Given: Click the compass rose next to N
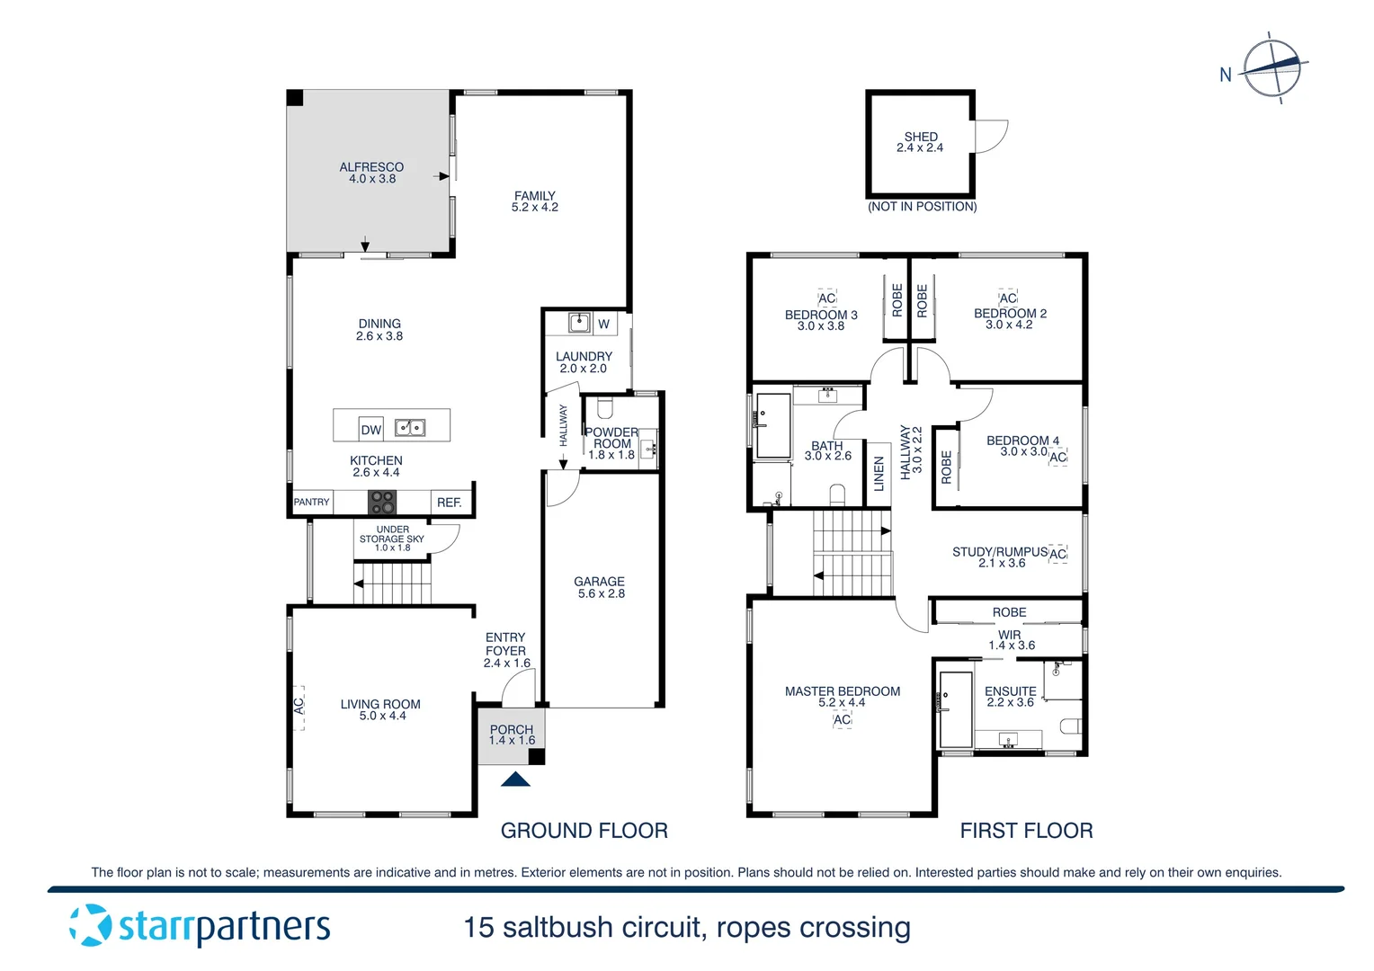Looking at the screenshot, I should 1271,68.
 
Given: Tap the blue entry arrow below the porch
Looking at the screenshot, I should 515,779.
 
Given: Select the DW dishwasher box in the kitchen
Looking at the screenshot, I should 371,429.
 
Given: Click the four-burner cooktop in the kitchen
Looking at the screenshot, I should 382,502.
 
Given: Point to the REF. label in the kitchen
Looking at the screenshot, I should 450,503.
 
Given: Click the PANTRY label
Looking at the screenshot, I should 311,503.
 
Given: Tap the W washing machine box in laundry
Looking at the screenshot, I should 603,324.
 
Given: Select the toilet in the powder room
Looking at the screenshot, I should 604,409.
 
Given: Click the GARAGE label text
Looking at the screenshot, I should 599,582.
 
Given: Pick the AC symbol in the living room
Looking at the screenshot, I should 299,707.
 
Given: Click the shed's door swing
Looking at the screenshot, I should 989,136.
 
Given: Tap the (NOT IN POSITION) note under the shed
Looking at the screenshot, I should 922,207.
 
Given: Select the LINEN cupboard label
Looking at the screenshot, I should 879,474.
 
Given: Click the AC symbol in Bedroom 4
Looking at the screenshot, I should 1058,457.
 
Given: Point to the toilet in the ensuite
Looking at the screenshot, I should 1070,726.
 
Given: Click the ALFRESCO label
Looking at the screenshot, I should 371,167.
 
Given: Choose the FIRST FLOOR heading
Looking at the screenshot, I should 1026,831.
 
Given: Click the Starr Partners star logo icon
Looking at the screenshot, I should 90,925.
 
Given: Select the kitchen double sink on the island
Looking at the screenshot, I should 410,428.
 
